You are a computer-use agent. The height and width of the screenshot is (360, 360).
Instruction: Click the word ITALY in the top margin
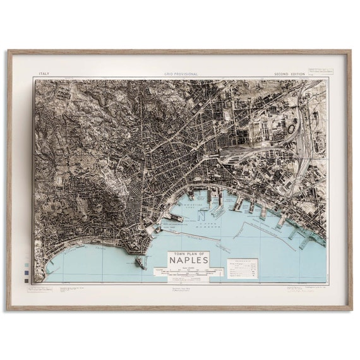44,74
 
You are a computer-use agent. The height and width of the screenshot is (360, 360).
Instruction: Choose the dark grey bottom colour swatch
25,279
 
